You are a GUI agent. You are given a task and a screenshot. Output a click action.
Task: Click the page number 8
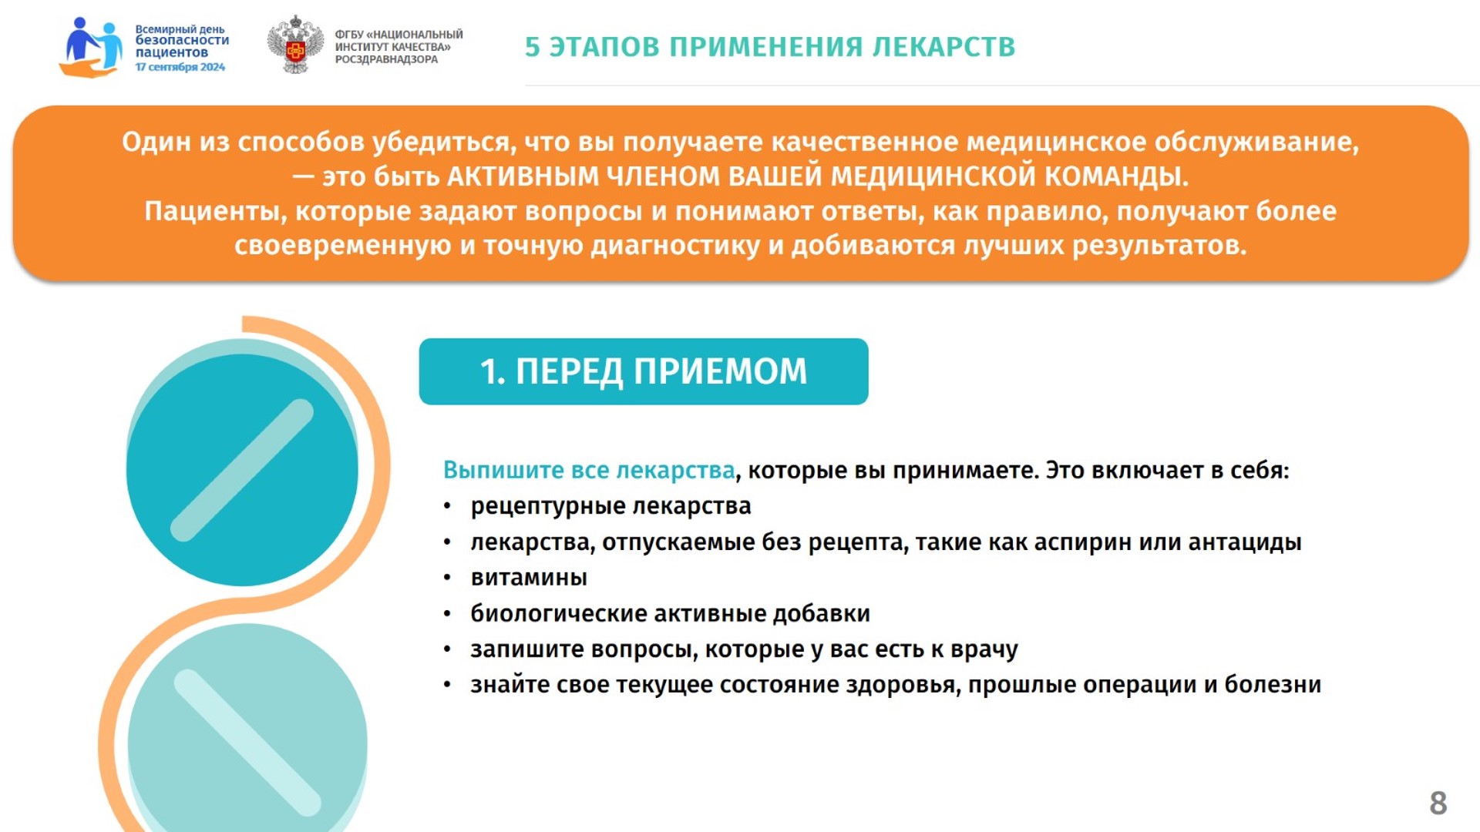[x=1438, y=803]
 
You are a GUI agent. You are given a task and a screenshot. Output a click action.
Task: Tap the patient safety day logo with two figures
[x=91, y=47]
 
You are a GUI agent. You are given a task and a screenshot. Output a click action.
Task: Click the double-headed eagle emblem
[x=295, y=45]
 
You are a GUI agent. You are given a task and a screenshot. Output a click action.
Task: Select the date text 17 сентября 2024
[x=180, y=67]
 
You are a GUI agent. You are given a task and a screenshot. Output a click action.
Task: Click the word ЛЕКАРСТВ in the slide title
[x=943, y=47]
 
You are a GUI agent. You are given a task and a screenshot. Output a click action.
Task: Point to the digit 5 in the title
[x=533, y=47]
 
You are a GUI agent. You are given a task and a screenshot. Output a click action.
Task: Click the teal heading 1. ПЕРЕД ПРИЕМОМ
[x=644, y=371]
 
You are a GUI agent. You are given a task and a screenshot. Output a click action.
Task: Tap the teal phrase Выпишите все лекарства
[x=589, y=470]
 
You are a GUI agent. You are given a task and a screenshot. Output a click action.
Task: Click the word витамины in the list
[x=529, y=577]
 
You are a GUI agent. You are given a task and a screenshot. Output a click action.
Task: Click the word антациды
[x=1245, y=542]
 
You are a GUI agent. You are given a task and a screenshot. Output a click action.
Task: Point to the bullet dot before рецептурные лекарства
[x=447, y=507]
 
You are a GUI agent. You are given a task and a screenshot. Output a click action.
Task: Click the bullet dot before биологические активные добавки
[x=447, y=614]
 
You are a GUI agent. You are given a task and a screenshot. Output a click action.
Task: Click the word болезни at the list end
[x=1273, y=684]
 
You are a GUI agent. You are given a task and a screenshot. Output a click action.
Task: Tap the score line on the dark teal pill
[x=242, y=470]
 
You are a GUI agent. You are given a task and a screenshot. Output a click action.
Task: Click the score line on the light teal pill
[x=247, y=743]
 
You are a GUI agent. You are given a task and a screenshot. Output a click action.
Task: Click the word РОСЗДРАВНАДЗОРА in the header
[x=386, y=59]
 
